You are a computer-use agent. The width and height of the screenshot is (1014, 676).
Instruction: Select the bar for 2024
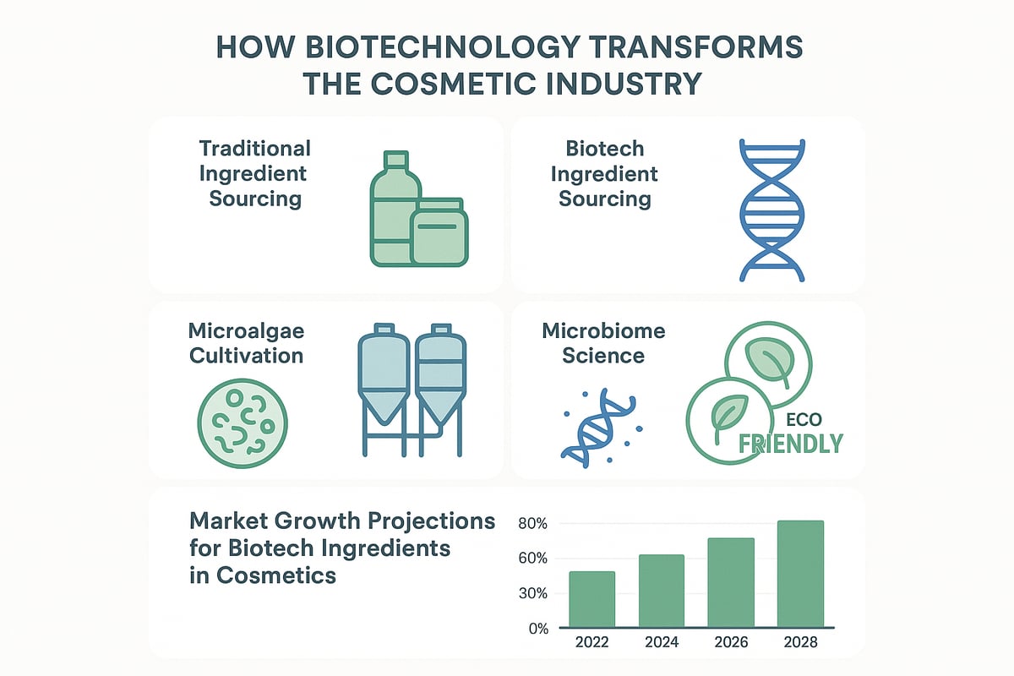[x=662, y=591]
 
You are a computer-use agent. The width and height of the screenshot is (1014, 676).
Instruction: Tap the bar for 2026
[x=731, y=582]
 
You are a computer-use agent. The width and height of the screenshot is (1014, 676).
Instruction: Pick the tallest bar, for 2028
[x=800, y=574]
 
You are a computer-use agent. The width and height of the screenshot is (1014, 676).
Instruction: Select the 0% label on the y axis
[x=537, y=628]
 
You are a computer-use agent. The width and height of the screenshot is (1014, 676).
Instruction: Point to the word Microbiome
[x=603, y=330]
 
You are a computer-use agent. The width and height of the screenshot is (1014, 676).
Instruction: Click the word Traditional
[x=255, y=149]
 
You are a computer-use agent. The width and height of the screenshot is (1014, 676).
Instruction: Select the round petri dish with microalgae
[x=242, y=420]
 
